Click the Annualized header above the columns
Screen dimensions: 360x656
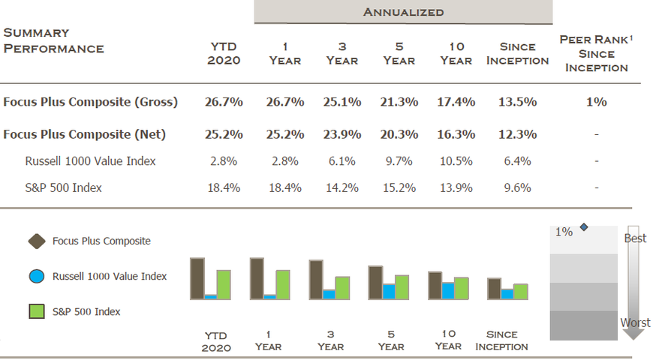pos(403,11)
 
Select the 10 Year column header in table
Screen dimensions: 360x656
pos(456,52)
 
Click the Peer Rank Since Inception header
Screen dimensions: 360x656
pos(597,53)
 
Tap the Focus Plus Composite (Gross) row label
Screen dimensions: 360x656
pos(90,102)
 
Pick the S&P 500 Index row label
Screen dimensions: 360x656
pos(63,187)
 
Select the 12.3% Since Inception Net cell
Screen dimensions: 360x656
pos(517,134)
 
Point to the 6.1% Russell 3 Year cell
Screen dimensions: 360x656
pos(342,161)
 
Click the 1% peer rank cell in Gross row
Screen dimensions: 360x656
pos(597,102)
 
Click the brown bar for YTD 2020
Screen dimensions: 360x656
pos(197,278)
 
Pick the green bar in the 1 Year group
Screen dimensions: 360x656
pos(283,284)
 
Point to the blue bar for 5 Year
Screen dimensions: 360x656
pos(389,291)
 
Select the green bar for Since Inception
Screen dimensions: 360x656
pos(520,291)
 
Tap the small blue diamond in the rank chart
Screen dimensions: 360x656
pos(584,227)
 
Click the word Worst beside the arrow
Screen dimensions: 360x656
pos(634,322)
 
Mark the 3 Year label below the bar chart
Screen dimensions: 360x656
pos(330,340)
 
